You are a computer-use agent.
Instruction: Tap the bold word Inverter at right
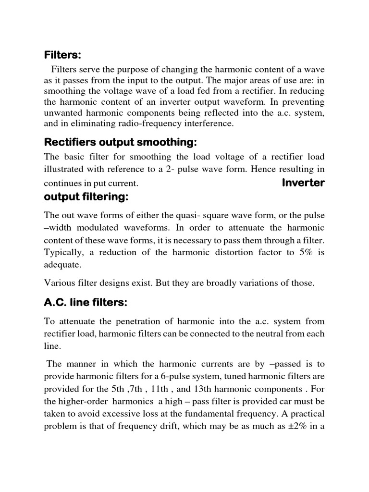[303, 183]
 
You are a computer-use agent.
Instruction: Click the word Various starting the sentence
[60, 283]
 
